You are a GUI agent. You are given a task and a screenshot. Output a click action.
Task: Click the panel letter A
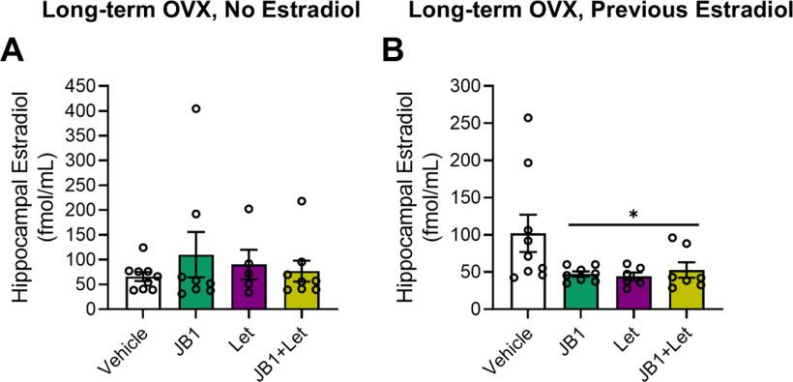16,51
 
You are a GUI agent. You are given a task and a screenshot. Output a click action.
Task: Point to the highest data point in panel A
196,109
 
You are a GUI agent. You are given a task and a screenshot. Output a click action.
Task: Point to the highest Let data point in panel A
249,209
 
